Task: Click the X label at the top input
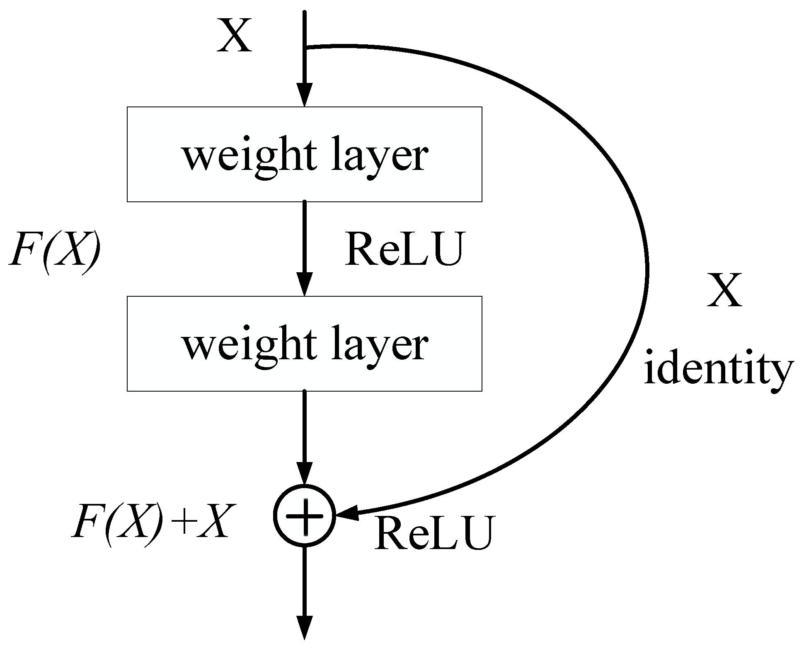click(235, 37)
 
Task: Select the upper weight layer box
click(304, 154)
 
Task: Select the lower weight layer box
click(304, 343)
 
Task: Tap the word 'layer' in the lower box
click(379, 346)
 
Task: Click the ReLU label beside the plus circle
click(435, 533)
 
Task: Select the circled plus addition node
click(305, 515)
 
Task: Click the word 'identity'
click(718, 370)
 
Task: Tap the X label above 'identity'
click(724, 291)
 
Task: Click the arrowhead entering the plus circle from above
click(305, 473)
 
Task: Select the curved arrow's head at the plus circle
click(347, 513)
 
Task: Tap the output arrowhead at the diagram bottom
click(305, 628)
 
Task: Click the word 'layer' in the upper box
click(379, 157)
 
